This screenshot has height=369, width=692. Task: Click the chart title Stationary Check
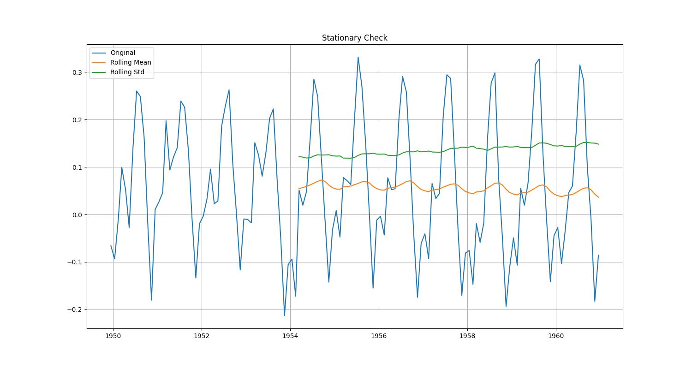pyautogui.click(x=354, y=38)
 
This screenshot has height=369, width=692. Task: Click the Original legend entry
pyautogui.click(x=122, y=53)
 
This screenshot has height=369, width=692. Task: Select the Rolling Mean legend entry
pyautogui.click(x=130, y=62)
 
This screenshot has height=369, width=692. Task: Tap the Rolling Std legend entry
pyautogui.click(x=127, y=72)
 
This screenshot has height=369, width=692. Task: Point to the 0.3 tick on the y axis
pyautogui.click(x=77, y=72)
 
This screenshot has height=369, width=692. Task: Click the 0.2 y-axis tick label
pyautogui.click(x=77, y=120)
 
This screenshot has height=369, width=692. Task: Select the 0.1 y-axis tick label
pyautogui.click(x=77, y=167)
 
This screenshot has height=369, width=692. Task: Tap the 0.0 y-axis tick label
pyautogui.click(x=77, y=215)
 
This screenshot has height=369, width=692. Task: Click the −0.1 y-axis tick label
pyautogui.click(x=74, y=262)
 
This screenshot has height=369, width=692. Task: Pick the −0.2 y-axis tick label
pyautogui.click(x=74, y=310)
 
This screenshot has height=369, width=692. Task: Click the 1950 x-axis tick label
pyautogui.click(x=113, y=336)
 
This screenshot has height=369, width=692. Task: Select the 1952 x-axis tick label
pyautogui.click(x=202, y=336)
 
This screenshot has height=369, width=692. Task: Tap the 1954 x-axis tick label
pyautogui.click(x=290, y=336)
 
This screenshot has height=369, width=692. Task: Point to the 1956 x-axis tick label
pyautogui.click(x=379, y=336)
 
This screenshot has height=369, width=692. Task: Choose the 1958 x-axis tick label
pyautogui.click(x=467, y=336)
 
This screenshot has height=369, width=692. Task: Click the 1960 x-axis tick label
pyautogui.click(x=556, y=336)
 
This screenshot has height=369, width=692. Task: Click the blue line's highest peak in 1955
pyautogui.click(x=358, y=57)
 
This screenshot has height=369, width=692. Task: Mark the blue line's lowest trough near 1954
pyautogui.click(x=284, y=315)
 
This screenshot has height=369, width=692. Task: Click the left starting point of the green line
pyautogui.click(x=299, y=156)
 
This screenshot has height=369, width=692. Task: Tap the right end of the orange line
pyautogui.click(x=598, y=197)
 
